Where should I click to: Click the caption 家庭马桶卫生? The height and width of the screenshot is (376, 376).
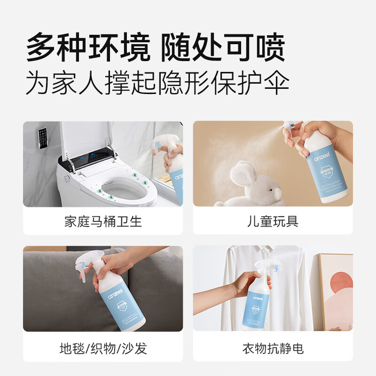click(x=103, y=221)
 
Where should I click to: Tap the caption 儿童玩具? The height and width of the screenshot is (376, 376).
click(x=273, y=221)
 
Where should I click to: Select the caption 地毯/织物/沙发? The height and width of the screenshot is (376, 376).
click(x=103, y=348)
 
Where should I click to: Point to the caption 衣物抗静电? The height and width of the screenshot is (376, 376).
click(x=273, y=348)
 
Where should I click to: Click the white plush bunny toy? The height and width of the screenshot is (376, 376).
click(x=253, y=186)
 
